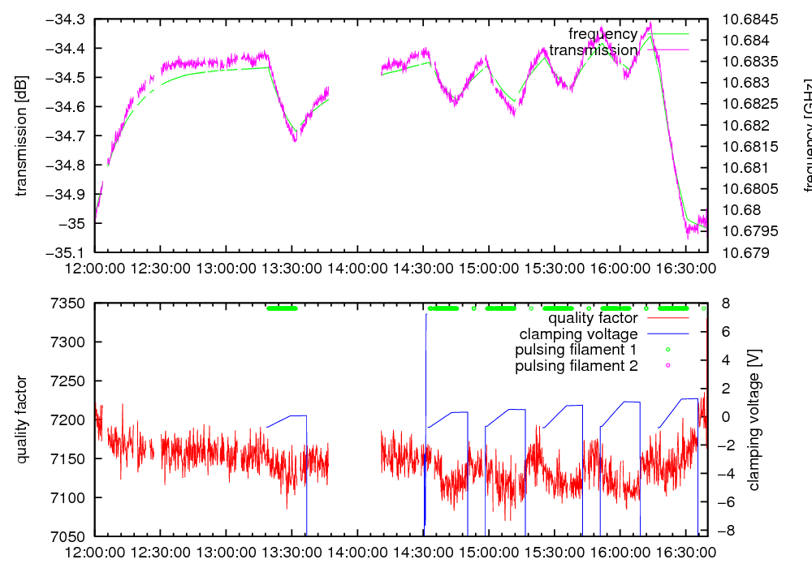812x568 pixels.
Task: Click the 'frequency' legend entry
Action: tap(603, 34)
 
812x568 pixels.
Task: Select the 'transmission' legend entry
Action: tap(593, 50)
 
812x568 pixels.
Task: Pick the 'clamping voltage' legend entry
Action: tap(578, 334)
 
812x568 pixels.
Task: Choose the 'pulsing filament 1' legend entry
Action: tap(576, 350)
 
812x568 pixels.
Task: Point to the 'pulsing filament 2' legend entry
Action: tap(576, 366)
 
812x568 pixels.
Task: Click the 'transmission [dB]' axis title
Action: tap(21, 136)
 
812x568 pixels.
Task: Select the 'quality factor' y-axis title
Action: tap(21, 420)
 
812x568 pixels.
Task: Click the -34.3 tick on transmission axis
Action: tap(69, 19)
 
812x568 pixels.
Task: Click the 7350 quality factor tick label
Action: tap(69, 303)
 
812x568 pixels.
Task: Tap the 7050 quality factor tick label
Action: tap(69, 536)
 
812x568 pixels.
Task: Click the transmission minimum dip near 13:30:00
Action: tap(295, 140)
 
